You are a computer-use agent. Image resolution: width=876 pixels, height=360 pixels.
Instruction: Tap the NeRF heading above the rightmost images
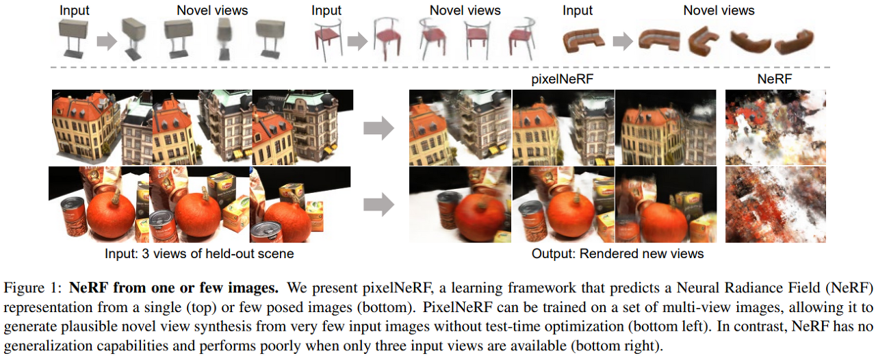(x=775, y=79)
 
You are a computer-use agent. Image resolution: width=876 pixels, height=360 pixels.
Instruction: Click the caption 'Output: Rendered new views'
(x=617, y=254)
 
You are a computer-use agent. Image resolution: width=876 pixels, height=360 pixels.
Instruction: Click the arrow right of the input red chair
(x=357, y=42)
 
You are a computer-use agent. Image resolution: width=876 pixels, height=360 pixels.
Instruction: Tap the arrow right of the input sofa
(x=621, y=42)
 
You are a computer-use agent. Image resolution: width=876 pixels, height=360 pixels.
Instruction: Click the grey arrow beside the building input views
(x=378, y=127)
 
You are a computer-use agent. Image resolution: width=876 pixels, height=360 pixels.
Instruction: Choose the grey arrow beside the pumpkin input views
(x=378, y=203)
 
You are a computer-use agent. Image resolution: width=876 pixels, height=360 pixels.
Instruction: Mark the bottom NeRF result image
(x=775, y=204)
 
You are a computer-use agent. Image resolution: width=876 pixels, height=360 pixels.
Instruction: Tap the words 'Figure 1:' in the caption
(x=40, y=285)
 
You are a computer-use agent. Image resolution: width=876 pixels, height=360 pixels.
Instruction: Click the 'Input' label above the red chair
(x=326, y=10)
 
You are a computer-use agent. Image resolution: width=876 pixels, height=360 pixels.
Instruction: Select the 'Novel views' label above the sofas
(x=719, y=10)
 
